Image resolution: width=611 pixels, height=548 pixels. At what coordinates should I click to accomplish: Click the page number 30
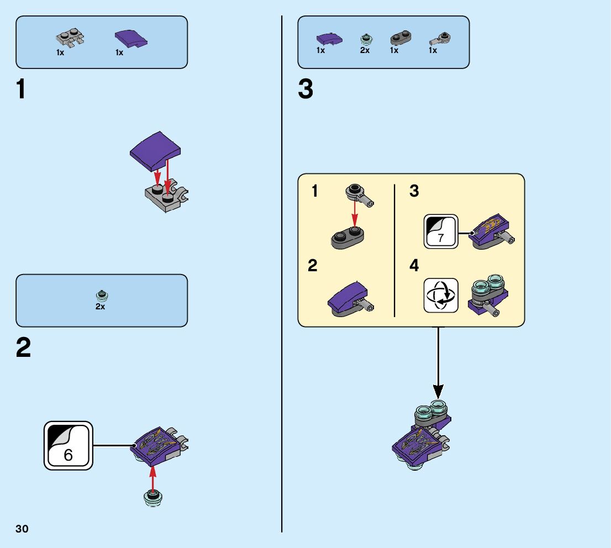(x=22, y=529)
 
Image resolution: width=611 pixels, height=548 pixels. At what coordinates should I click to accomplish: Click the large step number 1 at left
(x=21, y=89)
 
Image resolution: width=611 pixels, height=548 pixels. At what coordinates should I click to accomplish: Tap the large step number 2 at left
(x=23, y=348)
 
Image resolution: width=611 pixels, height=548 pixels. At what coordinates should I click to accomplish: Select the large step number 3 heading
(x=305, y=89)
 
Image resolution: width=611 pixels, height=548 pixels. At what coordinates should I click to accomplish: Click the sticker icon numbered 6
(x=69, y=446)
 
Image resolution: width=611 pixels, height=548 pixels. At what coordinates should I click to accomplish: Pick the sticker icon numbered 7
(x=440, y=231)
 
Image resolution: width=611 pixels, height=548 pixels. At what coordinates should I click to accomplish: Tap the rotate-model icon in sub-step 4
(x=441, y=296)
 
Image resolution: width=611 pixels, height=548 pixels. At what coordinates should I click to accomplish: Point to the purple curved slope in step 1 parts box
(x=131, y=39)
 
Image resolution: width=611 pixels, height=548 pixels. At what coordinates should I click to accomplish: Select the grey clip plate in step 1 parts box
(x=70, y=38)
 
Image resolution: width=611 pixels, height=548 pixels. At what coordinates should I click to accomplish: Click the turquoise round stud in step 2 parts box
(x=101, y=294)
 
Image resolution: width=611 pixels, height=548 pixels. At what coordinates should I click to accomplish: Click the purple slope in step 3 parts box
(x=329, y=39)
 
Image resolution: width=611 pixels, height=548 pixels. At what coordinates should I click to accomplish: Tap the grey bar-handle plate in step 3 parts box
(x=440, y=39)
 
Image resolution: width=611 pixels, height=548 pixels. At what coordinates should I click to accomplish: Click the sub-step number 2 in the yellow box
(x=313, y=266)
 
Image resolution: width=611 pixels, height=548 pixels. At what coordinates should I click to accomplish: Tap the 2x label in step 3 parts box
(x=365, y=50)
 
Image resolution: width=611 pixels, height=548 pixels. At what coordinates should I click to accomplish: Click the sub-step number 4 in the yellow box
(x=414, y=266)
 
